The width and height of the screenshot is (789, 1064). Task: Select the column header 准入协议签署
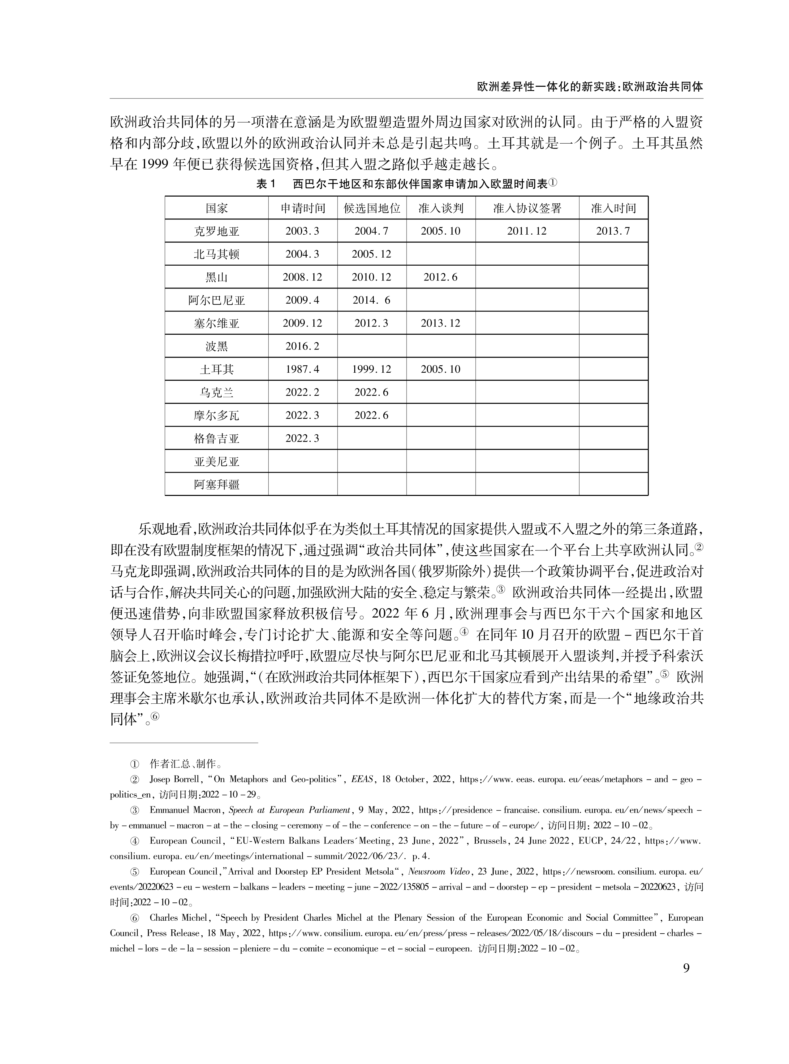coord(527,208)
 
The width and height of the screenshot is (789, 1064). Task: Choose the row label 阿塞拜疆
coord(216,485)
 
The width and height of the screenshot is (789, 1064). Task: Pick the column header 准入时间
coord(613,208)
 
